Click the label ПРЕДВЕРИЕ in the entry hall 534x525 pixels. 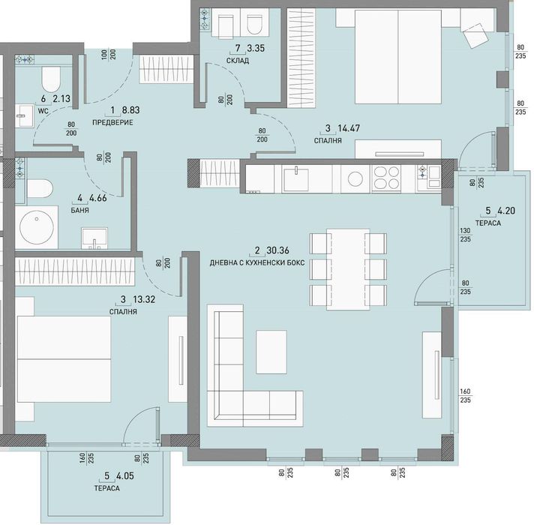coord(112,122)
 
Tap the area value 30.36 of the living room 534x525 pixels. coord(278,250)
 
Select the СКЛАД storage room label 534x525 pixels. coord(238,61)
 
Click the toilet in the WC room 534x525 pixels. coord(51,79)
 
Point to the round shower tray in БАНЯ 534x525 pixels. coord(37,227)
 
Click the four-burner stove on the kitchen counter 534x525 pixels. coord(386,177)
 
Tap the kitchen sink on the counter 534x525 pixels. coord(296,178)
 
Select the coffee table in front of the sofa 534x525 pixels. coord(271,352)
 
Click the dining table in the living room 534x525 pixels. coord(348,269)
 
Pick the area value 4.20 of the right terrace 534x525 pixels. coord(506,211)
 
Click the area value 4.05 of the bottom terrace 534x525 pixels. coord(125,476)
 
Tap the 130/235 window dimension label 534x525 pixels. coord(466,235)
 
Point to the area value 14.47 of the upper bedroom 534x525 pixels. coord(349,128)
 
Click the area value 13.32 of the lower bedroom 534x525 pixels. coord(144,299)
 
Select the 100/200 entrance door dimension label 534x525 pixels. coord(109,55)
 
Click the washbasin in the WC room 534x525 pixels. coord(25,115)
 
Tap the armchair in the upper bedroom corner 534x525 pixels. coord(475,35)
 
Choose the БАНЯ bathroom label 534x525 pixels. coord(80,211)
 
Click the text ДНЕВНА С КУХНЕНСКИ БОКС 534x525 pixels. coord(257,263)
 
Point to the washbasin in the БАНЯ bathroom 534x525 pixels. coord(94,238)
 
